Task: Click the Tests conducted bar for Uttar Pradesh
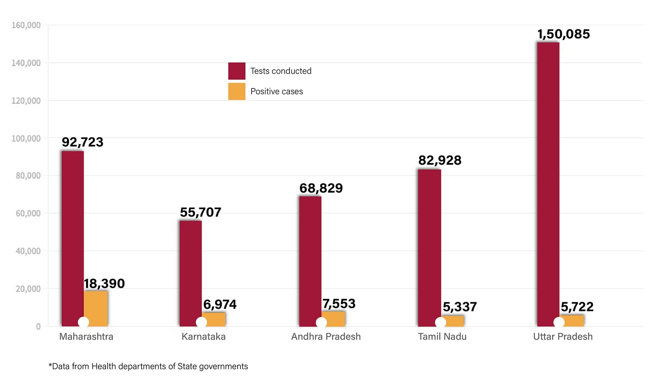548,181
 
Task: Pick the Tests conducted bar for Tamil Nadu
429,244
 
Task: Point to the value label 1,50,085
563,34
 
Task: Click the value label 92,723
83,142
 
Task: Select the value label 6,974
220,305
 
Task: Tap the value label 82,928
440,160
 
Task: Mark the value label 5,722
577,307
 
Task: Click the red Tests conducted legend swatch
237,71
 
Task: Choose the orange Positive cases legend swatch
237,91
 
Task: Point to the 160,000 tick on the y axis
26,25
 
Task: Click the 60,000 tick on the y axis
28,213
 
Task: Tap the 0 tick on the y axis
38,327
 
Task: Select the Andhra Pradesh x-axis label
326,337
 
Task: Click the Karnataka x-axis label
203,337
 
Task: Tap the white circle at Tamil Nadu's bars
440,322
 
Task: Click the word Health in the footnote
104,366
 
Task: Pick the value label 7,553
339,304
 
